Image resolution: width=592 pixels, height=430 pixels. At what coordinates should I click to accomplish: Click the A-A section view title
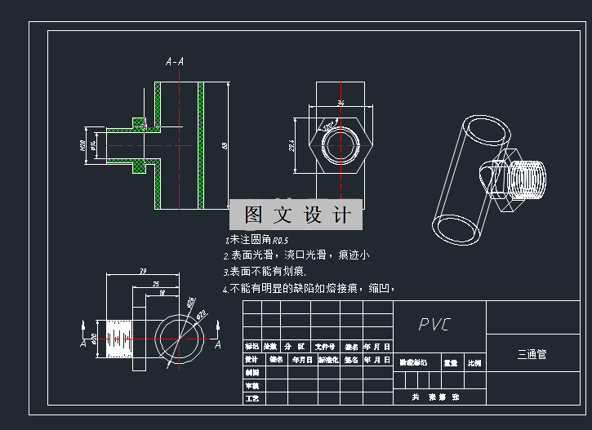click(175, 61)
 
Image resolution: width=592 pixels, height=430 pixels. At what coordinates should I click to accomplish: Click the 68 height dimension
click(224, 145)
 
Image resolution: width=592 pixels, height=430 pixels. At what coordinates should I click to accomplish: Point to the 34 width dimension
click(341, 103)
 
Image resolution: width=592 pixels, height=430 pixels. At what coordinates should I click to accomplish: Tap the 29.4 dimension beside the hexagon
click(292, 145)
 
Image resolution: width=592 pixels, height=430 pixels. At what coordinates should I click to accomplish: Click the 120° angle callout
click(327, 127)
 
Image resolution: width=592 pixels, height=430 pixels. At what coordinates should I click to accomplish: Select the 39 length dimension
click(142, 271)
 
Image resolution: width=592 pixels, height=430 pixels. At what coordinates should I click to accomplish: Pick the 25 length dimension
click(155, 283)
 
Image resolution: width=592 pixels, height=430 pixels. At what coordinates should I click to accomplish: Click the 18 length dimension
click(162, 292)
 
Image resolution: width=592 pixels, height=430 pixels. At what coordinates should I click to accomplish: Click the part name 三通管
click(532, 355)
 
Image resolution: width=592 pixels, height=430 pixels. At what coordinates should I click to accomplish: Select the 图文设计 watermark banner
click(296, 215)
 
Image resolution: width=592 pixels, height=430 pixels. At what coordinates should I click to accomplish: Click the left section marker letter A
click(82, 344)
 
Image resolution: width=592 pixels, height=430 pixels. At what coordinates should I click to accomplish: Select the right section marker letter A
click(218, 344)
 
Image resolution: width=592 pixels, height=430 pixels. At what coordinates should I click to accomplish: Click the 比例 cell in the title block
click(474, 360)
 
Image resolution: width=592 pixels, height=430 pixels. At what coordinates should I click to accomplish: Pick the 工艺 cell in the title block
click(251, 398)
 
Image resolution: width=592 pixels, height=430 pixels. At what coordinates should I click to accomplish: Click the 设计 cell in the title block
click(251, 360)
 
